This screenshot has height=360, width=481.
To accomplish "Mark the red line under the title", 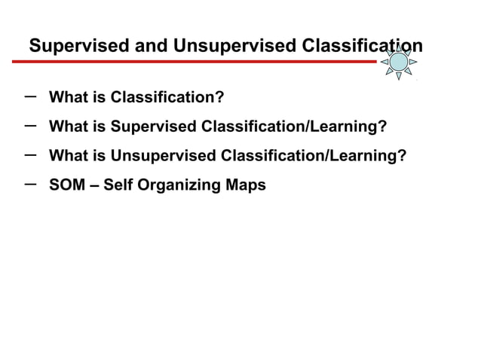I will point(204,62).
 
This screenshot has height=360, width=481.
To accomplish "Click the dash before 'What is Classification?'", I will point(30,96).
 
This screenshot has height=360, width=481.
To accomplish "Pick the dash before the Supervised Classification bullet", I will point(30,124).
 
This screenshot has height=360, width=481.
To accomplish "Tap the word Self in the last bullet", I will point(117,185).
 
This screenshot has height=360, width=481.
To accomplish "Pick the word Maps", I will point(247,185).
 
